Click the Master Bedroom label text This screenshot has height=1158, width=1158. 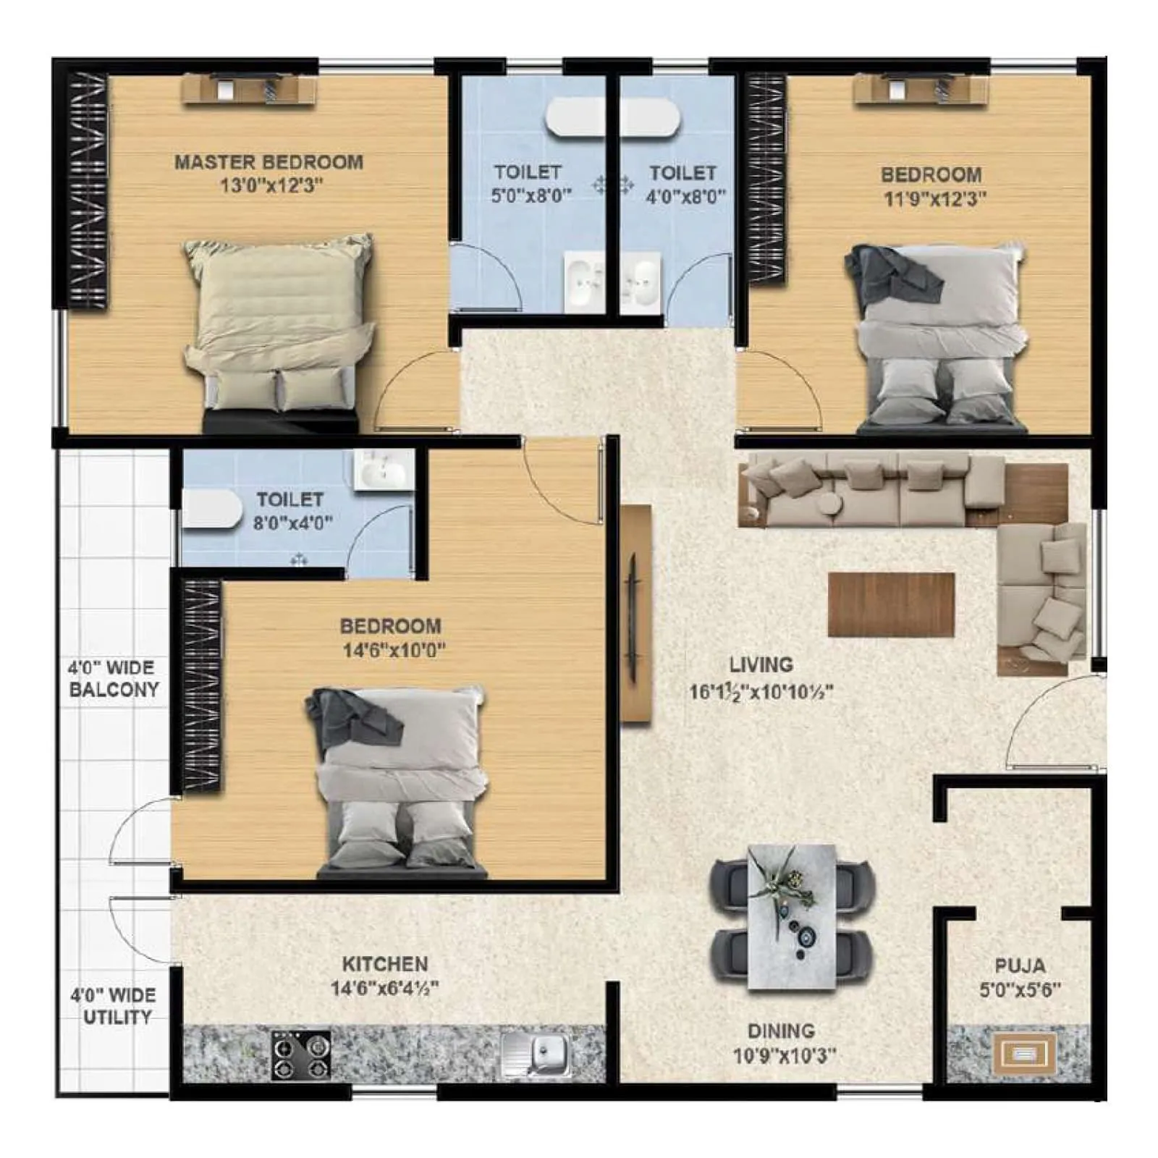pos(269,162)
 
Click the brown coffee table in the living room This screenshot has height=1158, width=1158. pos(891,604)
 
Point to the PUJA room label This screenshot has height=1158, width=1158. pos(1020,965)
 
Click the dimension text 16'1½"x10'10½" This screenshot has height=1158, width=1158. pos(761,692)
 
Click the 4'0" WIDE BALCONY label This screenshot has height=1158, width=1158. pos(113,678)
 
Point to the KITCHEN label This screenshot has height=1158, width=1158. pos(384,963)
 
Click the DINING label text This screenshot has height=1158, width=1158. pos(781,1031)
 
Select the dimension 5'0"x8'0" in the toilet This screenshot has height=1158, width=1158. pos(531,196)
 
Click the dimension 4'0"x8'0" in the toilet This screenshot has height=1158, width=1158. pos(685,196)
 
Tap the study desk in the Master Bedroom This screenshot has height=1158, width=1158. pos(250,90)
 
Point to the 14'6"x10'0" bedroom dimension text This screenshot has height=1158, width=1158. pos(394,650)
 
